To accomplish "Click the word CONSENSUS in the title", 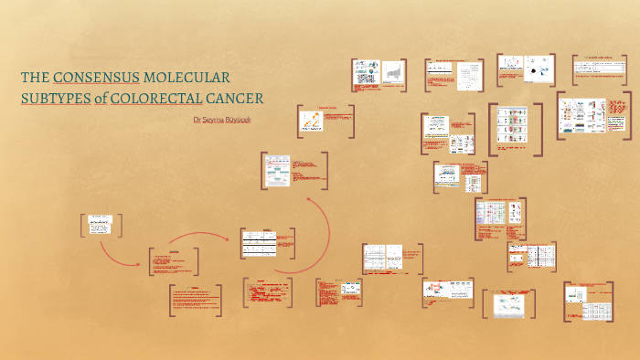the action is pyautogui.click(x=96, y=79).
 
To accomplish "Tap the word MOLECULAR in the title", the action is pyautogui.click(x=187, y=79).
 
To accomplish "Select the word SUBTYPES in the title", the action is pyautogui.click(x=53, y=98).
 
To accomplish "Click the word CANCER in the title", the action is pyautogui.click(x=234, y=98).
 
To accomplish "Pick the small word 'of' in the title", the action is pyautogui.click(x=100, y=98).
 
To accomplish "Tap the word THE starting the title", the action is pyautogui.click(x=35, y=79).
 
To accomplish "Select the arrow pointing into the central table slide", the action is pyautogui.click(x=219, y=238).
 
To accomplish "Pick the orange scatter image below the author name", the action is pyautogui.click(x=313, y=122).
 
